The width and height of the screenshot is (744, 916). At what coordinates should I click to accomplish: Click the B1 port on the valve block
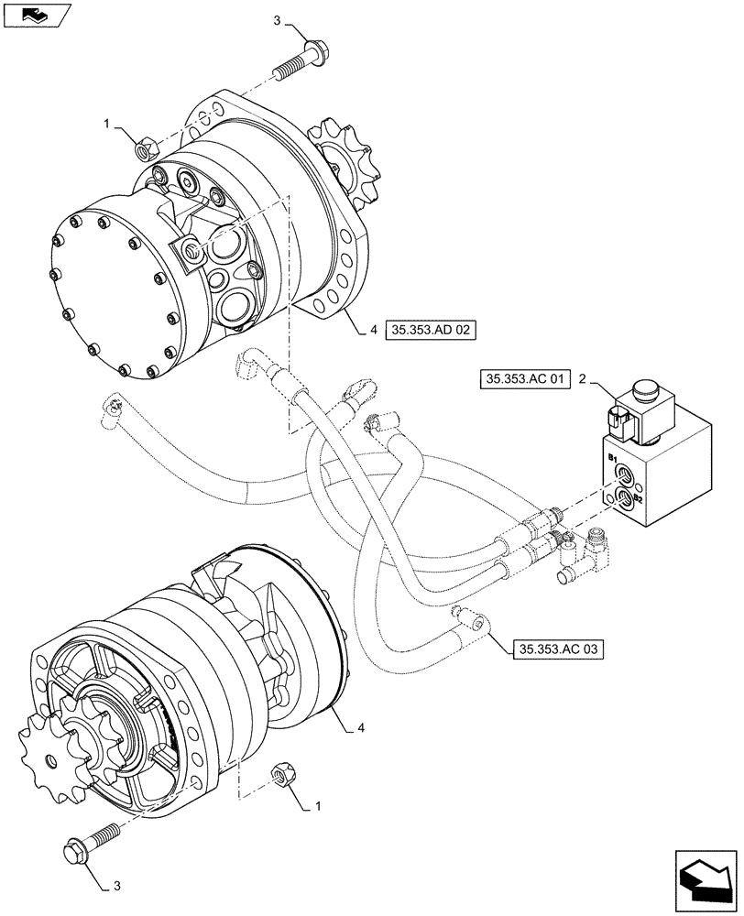coord(624,474)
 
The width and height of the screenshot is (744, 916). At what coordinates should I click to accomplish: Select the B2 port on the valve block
coord(626,497)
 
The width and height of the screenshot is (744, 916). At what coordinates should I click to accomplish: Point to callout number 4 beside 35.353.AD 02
coord(374,332)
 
